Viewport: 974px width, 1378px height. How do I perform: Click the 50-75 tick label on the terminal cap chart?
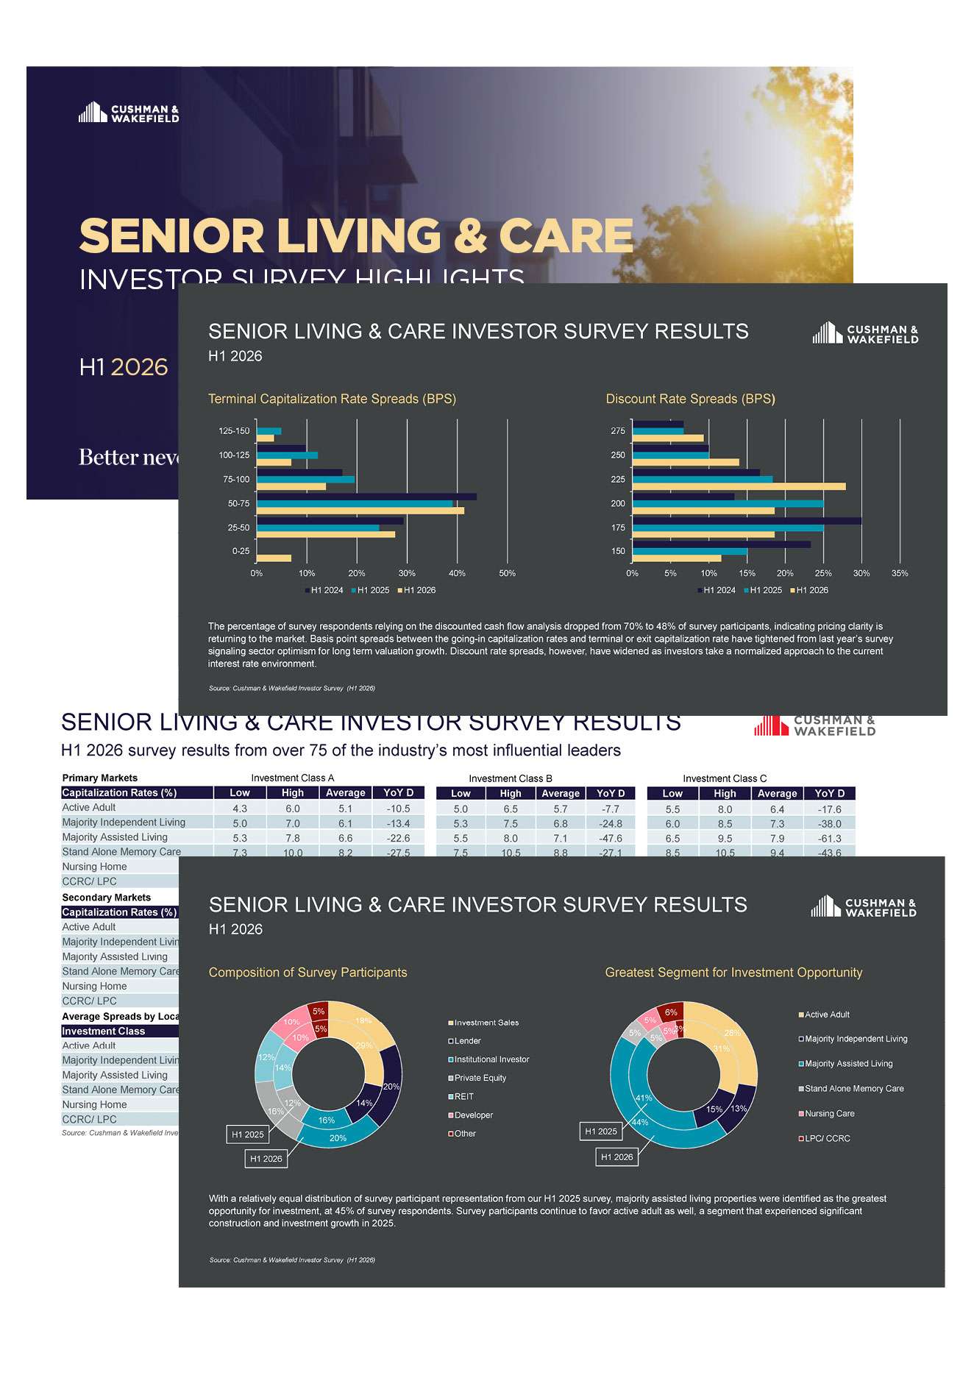pyautogui.click(x=238, y=504)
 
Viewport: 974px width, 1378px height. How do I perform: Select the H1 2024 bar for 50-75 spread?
pyautogui.click(x=366, y=497)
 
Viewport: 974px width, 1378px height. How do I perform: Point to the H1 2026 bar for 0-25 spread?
pyautogui.click(x=274, y=558)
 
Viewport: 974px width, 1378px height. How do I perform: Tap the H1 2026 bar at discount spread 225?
pyautogui.click(x=739, y=486)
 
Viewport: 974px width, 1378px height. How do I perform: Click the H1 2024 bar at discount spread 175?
pyautogui.click(x=747, y=521)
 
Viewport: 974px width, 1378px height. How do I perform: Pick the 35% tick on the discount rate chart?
pyautogui.click(x=900, y=573)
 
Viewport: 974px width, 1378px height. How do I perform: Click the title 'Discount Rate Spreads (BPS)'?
pyautogui.click(x=690, y=399)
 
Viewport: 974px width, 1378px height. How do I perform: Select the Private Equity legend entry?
pyautogui.click(x=480, y=1078)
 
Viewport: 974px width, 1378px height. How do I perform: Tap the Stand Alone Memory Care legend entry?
pyautogui.click(x=853, y=1089)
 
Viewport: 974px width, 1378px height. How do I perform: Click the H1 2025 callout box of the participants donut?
pyautogui.click(x=247, y=1134)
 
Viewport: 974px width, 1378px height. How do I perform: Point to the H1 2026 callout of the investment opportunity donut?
pyautogui.click(x=616, y=1157)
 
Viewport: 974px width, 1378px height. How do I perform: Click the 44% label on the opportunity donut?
pyautogui.click(x=640, y=1122)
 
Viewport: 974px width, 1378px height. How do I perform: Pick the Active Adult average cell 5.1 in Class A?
pyautogui.click(x=345, y=808)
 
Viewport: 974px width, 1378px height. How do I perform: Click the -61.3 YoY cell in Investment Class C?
pyautogui.click(x=830, y=838)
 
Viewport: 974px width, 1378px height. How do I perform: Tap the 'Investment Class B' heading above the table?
pyautogui.click(x=511, y=778)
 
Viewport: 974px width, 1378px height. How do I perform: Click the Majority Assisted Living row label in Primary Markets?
pyautogui.click(x=115, y=837)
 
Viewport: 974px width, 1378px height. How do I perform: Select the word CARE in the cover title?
pyautogui.click(x=566, y=236)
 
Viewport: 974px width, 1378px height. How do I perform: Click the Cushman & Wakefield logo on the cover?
pyautogui.click(x=129, y=113)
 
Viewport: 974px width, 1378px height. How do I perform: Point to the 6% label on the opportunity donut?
pyautogui.click(x=671, y=1012)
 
